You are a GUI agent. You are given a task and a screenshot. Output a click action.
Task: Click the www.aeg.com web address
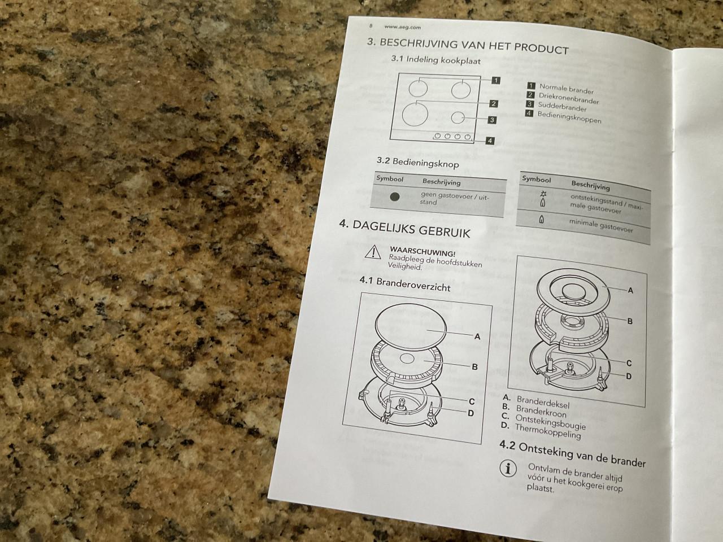402,27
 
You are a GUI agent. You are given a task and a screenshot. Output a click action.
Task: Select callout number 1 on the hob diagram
496,80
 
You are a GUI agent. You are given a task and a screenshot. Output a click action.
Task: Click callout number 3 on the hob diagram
492,120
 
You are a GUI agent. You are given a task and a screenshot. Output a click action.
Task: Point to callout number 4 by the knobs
490,141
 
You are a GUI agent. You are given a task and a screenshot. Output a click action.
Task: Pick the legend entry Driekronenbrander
569,98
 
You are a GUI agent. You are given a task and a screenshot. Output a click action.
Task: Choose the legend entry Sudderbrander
562,107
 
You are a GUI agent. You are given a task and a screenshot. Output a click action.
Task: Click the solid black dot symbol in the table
395,196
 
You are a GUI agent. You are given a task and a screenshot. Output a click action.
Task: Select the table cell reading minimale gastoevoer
601,226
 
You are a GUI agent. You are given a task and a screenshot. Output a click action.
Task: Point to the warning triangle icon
373,252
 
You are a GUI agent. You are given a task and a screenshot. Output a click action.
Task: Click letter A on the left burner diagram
477,336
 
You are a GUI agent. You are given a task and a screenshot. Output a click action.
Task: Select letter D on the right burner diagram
629,376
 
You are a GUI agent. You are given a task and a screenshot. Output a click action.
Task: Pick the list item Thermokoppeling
548,431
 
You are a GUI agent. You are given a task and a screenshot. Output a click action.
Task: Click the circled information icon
508,468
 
